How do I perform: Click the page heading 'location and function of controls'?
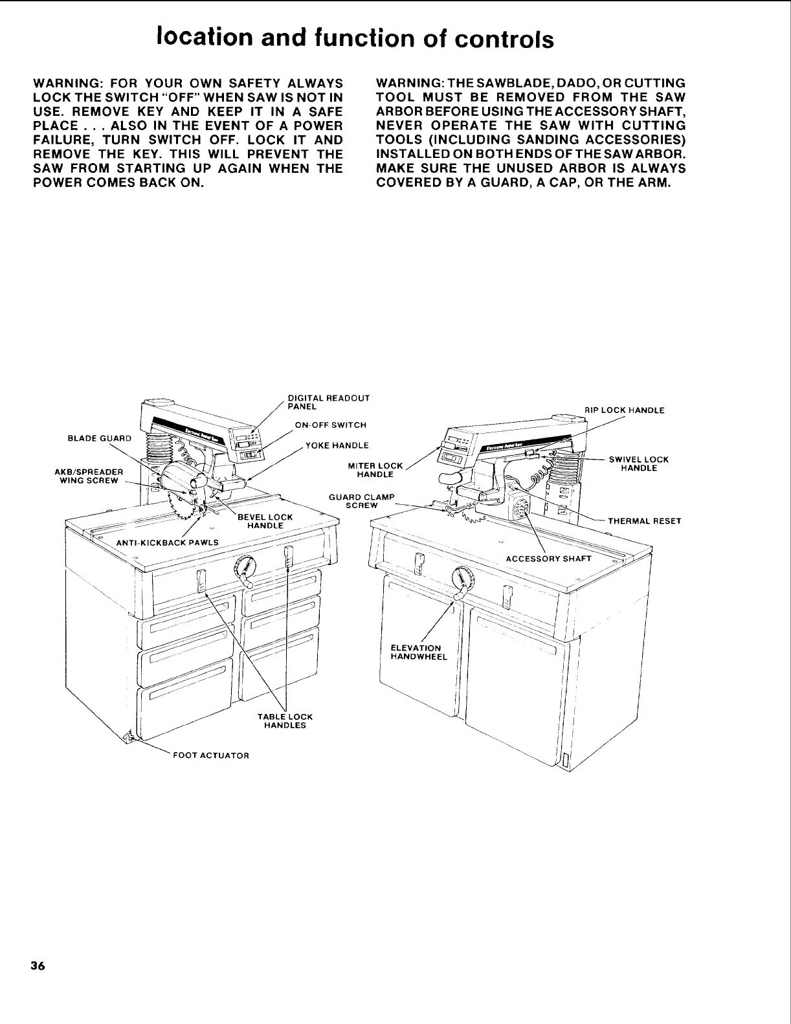(x=355, y=38)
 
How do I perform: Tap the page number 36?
(x=37, y=966)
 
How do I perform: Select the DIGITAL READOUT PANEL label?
(x=328, y=402)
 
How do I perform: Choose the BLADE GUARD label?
(x=99, y=438)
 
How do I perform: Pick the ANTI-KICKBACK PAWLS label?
(x=167, y=542)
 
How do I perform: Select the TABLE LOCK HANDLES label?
(x=285, y=721)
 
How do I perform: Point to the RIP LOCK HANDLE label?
(x=624, y=410)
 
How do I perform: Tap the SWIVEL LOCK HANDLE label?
(x=638, y=463)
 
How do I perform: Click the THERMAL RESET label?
(x=644, y=520)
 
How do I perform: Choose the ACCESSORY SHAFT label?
(x=548, y=559)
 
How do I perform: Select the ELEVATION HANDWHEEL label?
(x=419, y=652)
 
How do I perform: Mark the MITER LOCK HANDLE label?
(x=381, y=470)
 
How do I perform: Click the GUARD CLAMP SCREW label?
(x=362, y=501)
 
